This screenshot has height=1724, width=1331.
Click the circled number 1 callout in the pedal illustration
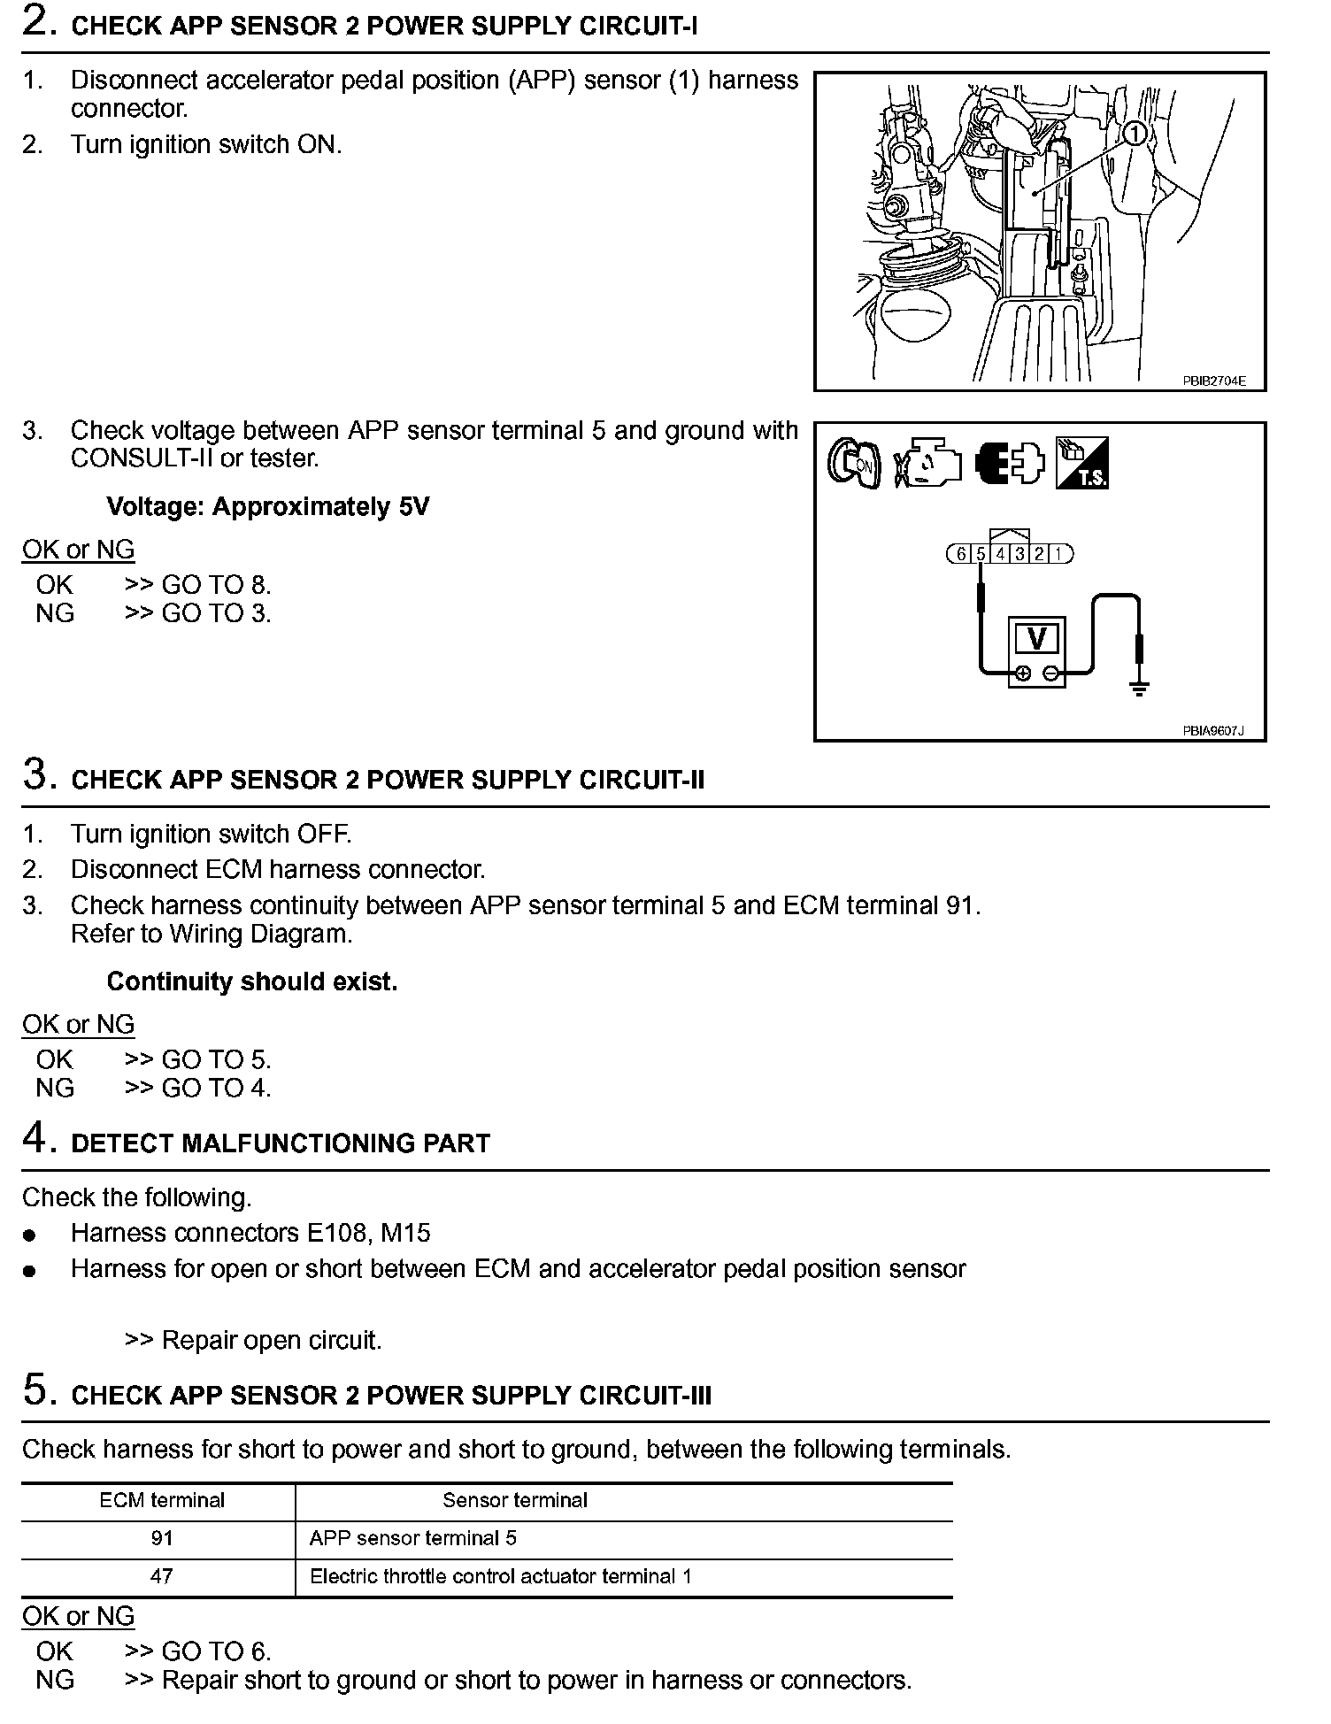(x=1135, y=135)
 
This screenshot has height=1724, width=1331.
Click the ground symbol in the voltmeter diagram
(x=1139, y=689)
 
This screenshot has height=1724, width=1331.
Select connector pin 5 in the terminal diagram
(x=981, y=554)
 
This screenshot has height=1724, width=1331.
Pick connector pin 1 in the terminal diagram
(x=1058, y=554)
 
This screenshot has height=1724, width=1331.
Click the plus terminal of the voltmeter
(x=1022, y=673)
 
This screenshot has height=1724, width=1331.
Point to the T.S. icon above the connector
(x=1081, y=463)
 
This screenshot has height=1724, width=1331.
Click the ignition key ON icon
(x=853, y=463)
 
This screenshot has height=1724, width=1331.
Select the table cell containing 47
(x=162, y=1576)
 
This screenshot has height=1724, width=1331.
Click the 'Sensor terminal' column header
(x=515, y=1500)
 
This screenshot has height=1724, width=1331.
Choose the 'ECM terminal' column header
(x=162, y=1500)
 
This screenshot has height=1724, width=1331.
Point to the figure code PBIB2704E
(x=1213, y=381)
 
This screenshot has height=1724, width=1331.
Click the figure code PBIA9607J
(x=1212, y=731)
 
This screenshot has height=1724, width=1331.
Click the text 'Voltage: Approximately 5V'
(x=267, y=507)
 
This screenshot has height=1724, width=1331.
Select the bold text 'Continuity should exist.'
(x=252, y=981)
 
